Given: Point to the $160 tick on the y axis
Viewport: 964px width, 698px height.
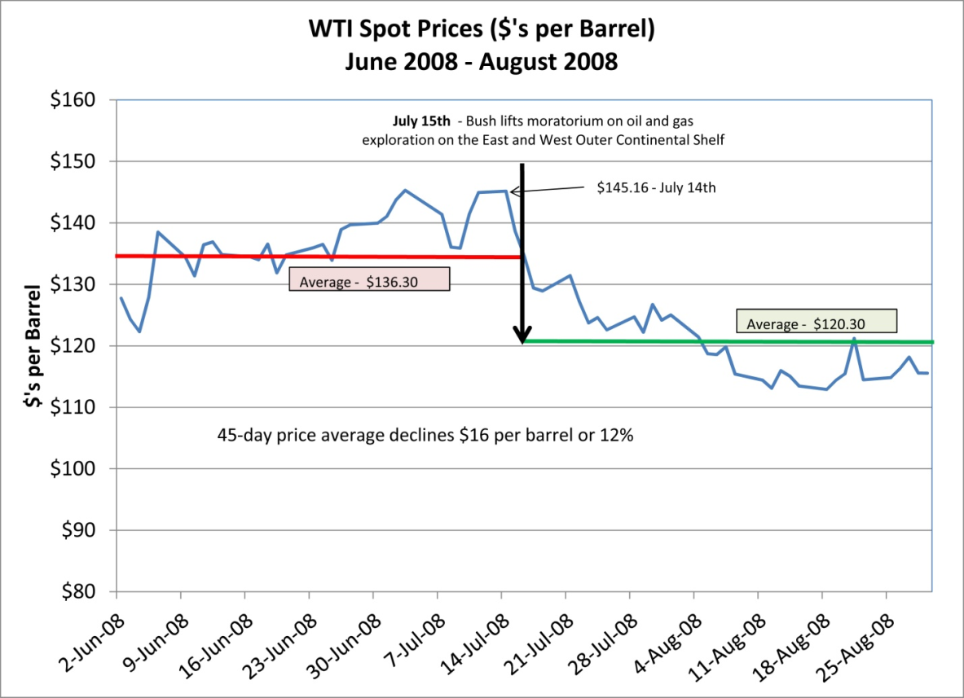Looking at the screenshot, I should [74, 100].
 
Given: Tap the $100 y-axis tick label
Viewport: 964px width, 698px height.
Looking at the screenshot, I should [74, 469].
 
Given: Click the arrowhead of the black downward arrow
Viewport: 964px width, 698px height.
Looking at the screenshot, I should [522, 335].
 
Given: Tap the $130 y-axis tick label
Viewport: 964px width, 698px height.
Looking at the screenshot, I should [74, 284].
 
